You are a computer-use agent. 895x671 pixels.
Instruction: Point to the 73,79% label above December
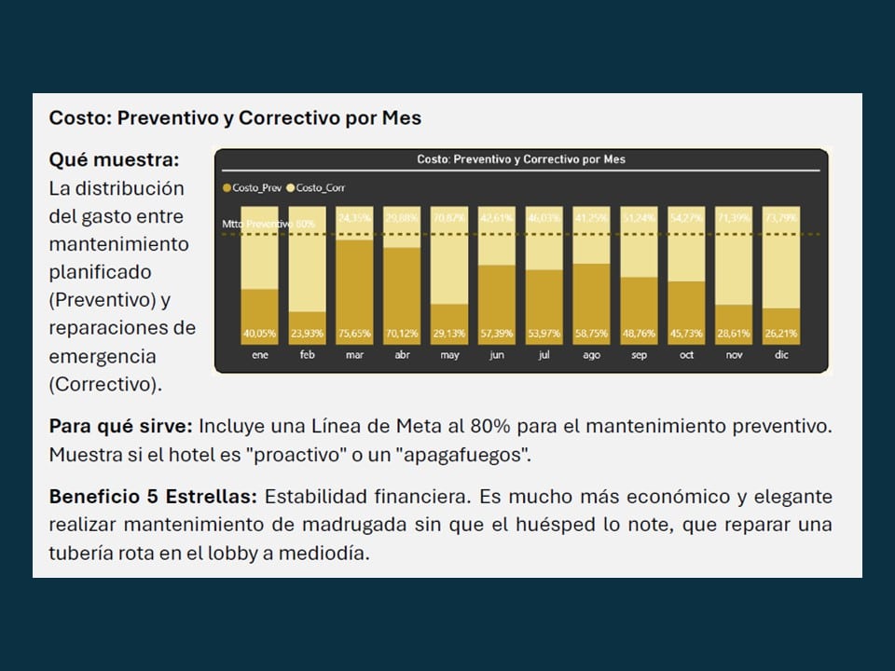click(781, 218)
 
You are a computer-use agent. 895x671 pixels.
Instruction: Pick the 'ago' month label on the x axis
click(591, 356)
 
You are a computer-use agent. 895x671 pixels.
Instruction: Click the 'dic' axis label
click(781, 356)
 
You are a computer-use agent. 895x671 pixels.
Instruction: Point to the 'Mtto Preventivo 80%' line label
click(268, 224)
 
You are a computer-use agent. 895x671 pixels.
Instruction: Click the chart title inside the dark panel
click(521, 159)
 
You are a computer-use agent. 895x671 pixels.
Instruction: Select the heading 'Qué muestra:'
click(114, 159)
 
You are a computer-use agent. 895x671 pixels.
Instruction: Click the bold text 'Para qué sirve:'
click(120, 426)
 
